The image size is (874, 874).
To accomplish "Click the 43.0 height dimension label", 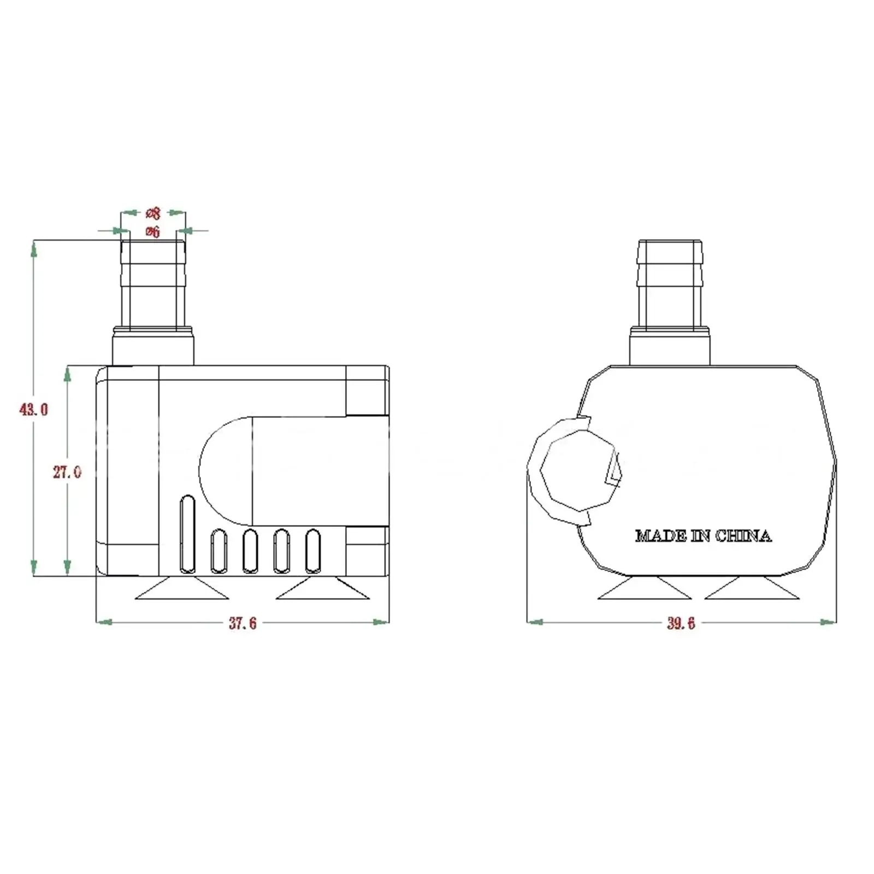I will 34,409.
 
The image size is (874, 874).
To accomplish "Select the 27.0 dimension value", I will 67,472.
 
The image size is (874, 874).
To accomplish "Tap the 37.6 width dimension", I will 243,623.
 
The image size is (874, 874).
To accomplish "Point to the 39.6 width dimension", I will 681,623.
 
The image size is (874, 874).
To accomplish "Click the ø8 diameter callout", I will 153,213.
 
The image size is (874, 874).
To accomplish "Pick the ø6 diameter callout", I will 153,232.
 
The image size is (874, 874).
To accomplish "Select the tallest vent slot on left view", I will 187,534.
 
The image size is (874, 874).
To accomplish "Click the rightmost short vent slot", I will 313,551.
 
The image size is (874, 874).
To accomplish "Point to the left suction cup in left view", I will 181,589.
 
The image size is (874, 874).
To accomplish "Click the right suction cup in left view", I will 322,589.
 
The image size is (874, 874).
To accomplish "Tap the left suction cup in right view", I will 645,589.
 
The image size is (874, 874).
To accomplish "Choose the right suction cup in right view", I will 752,589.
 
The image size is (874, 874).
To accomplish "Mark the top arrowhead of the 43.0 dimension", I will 34,249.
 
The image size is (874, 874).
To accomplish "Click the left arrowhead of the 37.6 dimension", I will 104,622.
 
